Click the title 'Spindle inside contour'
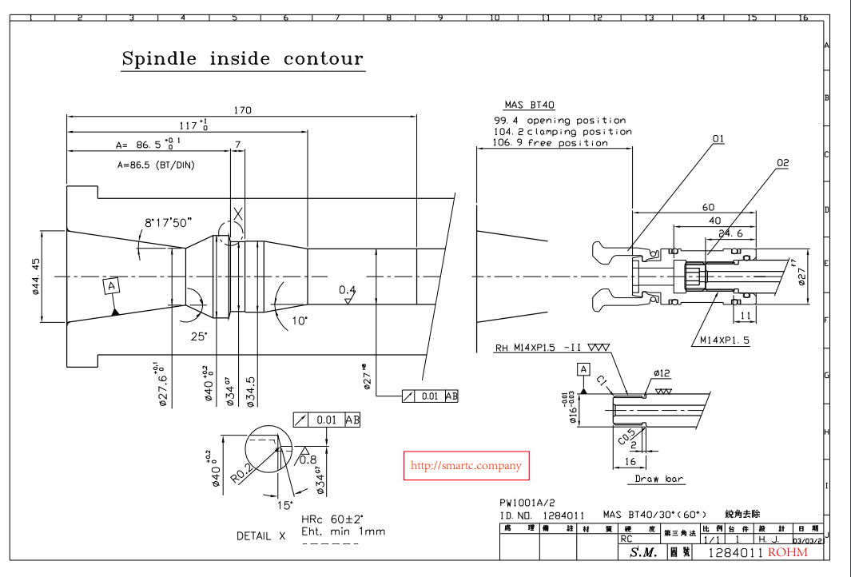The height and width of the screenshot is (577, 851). pos(242,59)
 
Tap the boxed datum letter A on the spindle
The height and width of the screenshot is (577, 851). pos(112,285)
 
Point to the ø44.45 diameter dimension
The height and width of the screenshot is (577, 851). pos(37,276)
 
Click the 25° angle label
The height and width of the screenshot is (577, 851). pos(199,336)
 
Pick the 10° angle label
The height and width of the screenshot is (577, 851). pos(300,320)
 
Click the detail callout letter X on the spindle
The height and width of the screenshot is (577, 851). pos(237,215)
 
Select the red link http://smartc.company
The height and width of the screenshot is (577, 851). pos(466,465)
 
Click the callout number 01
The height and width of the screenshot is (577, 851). pos(718,139)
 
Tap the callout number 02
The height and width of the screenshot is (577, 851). pos(781,163)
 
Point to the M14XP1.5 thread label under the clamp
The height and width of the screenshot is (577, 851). pos(725,340)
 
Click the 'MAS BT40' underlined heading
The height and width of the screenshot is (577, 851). pos(529,105)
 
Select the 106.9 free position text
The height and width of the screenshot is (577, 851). pos(551,143)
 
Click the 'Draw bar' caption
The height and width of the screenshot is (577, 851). pos(659,479)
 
